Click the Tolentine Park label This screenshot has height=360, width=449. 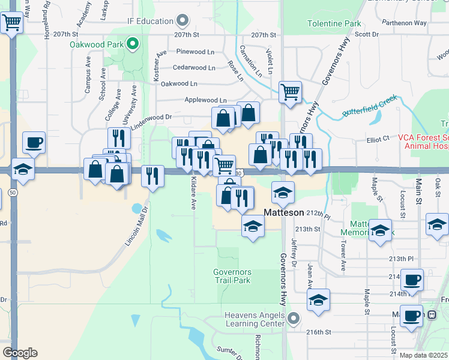(334, 24)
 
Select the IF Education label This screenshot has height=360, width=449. (150, 21)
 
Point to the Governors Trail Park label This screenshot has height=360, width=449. (232, 276)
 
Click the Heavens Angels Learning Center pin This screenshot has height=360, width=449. (294, 317)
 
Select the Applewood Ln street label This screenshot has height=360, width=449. (206, 100)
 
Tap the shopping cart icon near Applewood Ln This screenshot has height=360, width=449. (290, 92)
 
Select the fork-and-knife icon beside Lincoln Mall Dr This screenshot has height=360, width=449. (152, 176)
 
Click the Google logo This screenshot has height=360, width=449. (20, 353)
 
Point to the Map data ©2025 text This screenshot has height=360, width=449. (423, 355)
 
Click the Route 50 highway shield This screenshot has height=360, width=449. (13, 192)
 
